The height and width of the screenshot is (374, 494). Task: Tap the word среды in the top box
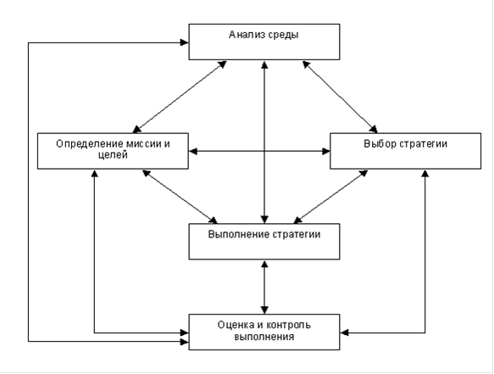pyautogui.click(x=283, y=35)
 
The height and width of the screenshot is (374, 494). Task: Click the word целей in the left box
pyautogui.click(x=113, y=155)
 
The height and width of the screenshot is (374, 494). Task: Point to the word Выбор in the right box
pyautogui.click(x=380, y=144)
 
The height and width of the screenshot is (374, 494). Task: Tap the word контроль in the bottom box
pyautogui.click(x=289, y=325)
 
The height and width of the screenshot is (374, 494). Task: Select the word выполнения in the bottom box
pyautogui.click(x=264, y=337)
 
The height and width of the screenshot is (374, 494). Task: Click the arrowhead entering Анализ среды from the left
pyautogui.click(x=185, y=42)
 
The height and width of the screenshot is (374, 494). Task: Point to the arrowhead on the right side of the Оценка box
pyautogui.click(x=344, y=332)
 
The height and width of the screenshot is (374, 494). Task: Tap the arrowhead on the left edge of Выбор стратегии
pyautogui.click(x=326, y=151)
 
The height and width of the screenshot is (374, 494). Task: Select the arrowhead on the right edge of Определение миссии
pyautogui.click(x=193, y=151)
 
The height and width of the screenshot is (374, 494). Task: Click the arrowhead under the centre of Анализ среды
pyautogui.click(x=264, y=64)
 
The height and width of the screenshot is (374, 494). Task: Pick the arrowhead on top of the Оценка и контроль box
pyautogui.click(x=264, y=310)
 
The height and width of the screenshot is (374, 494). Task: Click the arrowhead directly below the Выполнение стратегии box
pyautogui.click(x=264, y=265)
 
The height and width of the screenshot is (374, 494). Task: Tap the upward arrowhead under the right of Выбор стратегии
pyautogui.click(x=425, y=174)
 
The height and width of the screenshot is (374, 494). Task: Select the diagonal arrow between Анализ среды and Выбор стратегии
pyautogui.click(x=340, y=97)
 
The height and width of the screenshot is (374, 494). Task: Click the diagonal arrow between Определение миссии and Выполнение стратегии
pyautogui.click(x=180, y=197)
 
